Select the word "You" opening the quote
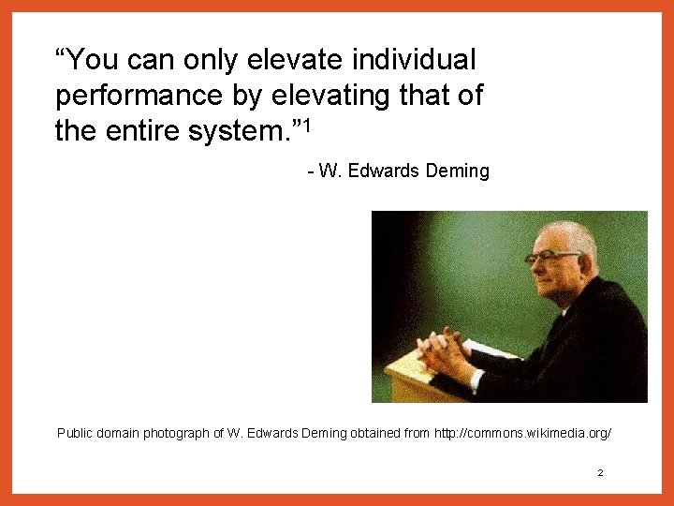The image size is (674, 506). pyautogui.click(x=90, y=61)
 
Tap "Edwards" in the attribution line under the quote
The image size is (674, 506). pyautogui.click(x=381, y=171)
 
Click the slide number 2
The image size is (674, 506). pyautogui.click(x=600, y=473)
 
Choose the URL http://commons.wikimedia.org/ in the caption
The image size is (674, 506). pyautogui.click(x=523, y=433)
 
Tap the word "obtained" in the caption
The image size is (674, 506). pyautogui.click(x=375, y=433)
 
